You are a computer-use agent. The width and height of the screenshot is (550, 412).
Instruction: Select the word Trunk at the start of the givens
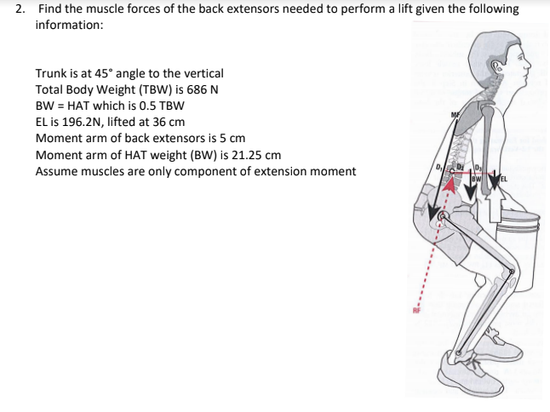[51, 74]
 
